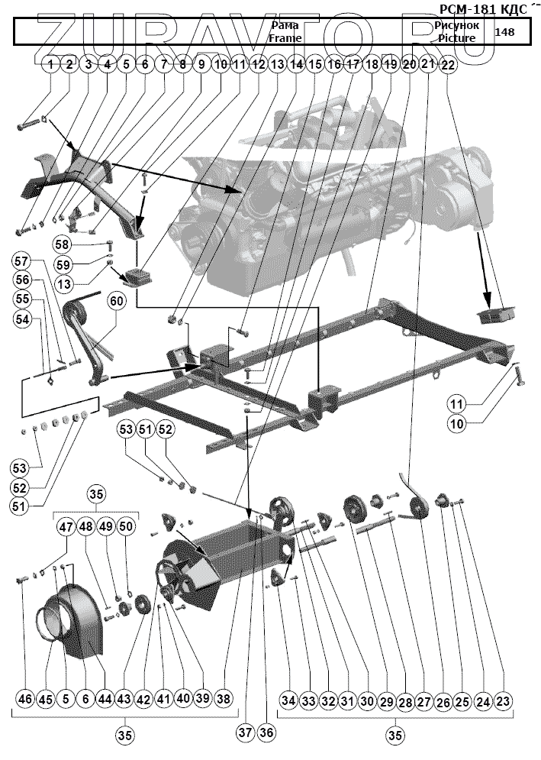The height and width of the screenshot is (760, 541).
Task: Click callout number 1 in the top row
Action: pyautogui.click(x=50, y=65)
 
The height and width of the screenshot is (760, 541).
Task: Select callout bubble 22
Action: pyautogui.click(x=447, y=66)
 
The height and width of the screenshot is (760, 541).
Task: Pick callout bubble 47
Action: pyautogui.click(x=66, y=526)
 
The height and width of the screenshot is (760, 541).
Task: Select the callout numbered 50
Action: pyautogui.click(x=126, y=526)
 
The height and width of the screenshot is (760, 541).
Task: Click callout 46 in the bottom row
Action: pyautogui.click(x=26, y=699)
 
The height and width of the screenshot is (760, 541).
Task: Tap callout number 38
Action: pyautogui.click(x=223, y=699)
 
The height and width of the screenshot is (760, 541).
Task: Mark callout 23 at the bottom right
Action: pyautogui.click(x=502, y=700)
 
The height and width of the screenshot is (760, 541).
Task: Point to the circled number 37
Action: pyautogui.click(x=244, y=733)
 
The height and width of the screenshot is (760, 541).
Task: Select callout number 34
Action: pyautogui.click(x=287, y=700)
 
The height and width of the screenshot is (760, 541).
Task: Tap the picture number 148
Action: pyautogui.click(x=505, y=31)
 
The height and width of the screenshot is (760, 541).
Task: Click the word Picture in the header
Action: pyautogui.click(x=457, y=37)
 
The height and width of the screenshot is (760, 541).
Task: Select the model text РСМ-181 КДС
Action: pyautogui.click(x=483, y=9)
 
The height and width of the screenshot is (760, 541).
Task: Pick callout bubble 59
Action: pyautogui.click(x=63, y=265)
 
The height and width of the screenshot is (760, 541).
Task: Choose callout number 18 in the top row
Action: pyautogui.click(x=372, y=65)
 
